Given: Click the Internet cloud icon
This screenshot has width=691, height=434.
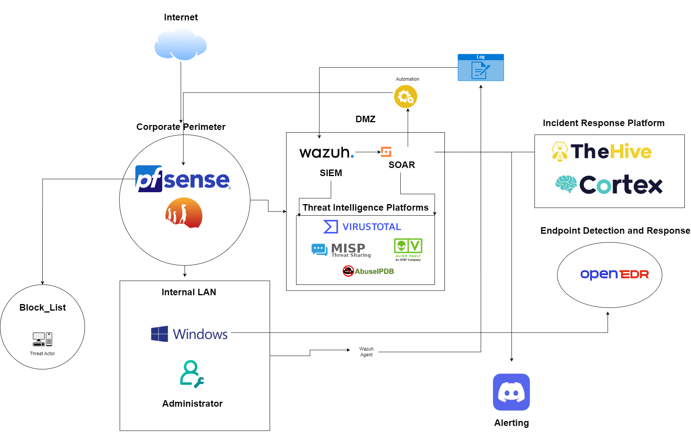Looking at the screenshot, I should point(180,45).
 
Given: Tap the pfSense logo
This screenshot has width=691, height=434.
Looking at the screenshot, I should point(183,179).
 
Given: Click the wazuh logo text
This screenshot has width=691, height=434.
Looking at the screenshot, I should point(326,152).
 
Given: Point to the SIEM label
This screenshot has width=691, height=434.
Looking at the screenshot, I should point(331,173).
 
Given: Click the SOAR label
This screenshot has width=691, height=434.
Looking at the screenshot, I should point(401,165).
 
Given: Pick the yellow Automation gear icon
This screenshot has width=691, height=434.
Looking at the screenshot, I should point(405,96).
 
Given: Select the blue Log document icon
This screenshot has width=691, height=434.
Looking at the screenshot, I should point(480,68).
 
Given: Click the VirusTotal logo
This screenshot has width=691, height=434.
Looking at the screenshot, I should point(362,227).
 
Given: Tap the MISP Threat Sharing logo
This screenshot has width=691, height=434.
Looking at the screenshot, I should point(341,250).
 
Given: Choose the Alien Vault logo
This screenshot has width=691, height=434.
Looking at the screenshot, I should point(408,249).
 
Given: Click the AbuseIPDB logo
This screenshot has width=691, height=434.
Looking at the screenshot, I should point(368,271).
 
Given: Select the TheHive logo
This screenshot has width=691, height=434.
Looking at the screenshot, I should point(601,151).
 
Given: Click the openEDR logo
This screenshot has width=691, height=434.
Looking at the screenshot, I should point(614,274).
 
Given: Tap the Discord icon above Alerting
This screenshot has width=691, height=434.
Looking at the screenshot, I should point(511,392).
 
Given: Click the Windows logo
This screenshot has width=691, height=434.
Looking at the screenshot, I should point(189,334).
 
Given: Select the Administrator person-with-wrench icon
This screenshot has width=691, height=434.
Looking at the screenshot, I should point(192,374).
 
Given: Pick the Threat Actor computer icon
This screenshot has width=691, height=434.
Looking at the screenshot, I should point(42,339).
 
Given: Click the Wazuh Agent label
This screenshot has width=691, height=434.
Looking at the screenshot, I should point(366,352).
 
